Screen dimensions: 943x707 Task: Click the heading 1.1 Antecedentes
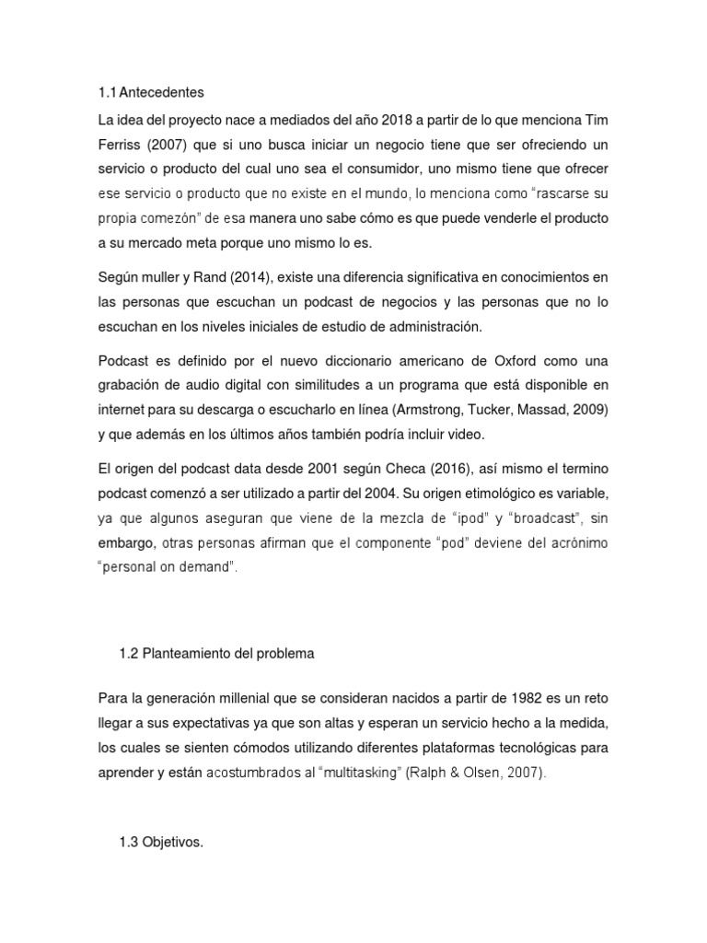(149, 93)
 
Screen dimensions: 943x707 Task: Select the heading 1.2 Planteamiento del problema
(216, 653)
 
